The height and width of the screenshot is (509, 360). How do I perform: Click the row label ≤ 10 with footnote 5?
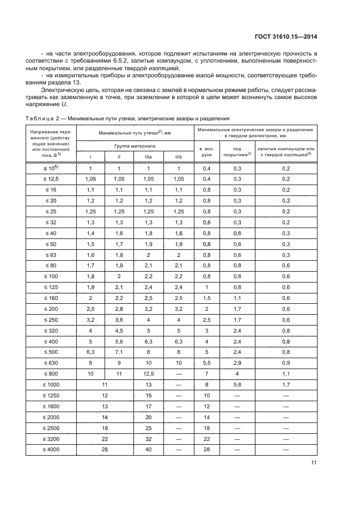(x=51, y=169)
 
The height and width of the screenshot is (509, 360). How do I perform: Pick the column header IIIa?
(x=148, y=157)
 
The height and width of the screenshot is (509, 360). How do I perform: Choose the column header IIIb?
(x=178, y=157)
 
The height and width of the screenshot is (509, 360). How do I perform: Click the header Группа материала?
(x=135, y=146)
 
